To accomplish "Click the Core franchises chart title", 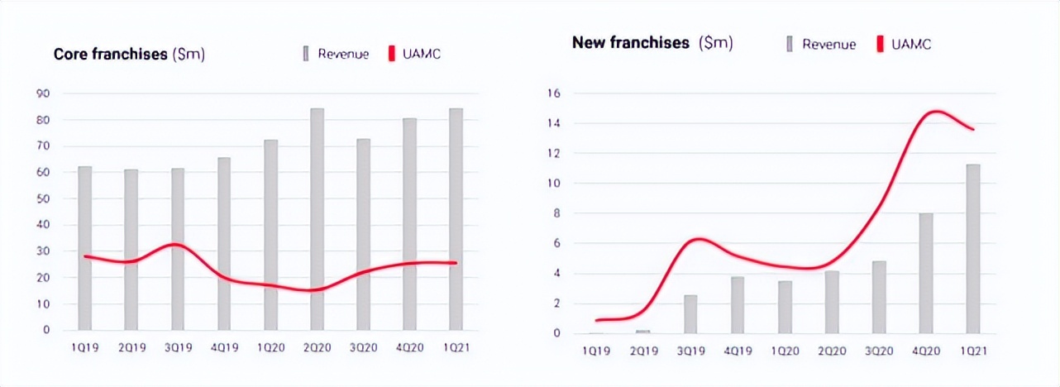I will [129, 55].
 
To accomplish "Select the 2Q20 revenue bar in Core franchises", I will [317, 219].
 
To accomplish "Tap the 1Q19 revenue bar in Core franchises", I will [84, 248].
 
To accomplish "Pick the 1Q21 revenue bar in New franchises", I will [973, 249].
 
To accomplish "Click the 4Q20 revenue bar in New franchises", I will [926, 273].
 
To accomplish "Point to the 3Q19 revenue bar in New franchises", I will [691, 314].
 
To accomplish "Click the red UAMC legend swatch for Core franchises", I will [391, 55].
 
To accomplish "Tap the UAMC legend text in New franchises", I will [912, 45].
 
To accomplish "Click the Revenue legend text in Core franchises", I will [343, 55].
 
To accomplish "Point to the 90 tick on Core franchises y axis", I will [42, 93].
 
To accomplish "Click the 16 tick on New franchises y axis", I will [555, 93].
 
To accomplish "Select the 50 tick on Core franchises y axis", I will [42, 198].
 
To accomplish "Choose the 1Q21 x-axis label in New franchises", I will [973, 351].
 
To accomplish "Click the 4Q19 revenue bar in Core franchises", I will [224, 243].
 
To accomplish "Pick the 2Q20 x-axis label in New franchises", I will [832, 351].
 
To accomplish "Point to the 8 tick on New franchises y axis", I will [557, 213].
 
